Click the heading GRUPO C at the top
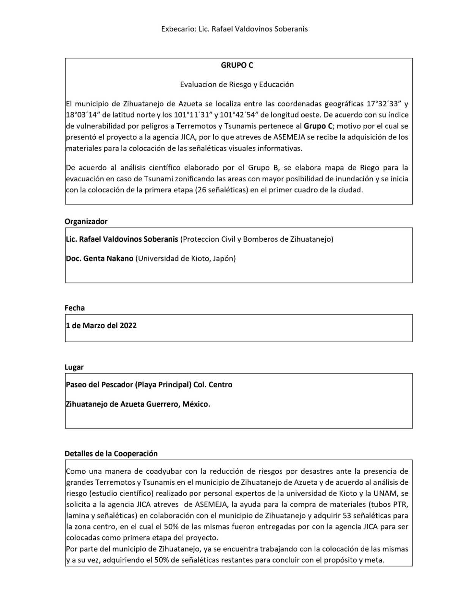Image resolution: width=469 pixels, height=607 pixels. click(237, 65)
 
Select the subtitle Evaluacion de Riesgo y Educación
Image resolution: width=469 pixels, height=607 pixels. click(237, 85)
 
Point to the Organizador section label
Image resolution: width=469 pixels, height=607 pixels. click(86, 222)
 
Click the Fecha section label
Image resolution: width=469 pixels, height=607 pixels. click(75, 308)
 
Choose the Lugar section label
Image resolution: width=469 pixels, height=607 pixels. click(74, 367)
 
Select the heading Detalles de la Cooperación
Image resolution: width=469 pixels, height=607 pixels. click(111, 454)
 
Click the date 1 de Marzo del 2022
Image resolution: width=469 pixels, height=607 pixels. click(101, 326)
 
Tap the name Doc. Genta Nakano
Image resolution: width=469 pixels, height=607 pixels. click(100, 259)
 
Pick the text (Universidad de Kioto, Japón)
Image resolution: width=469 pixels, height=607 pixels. click(186, 259)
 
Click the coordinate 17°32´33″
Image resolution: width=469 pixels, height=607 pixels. click(384, 104)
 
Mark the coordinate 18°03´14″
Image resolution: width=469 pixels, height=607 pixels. click(83, 115)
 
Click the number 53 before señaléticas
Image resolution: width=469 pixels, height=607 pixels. click(346, 516)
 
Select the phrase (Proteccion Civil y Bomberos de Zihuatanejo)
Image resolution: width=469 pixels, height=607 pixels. click(257, 239)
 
